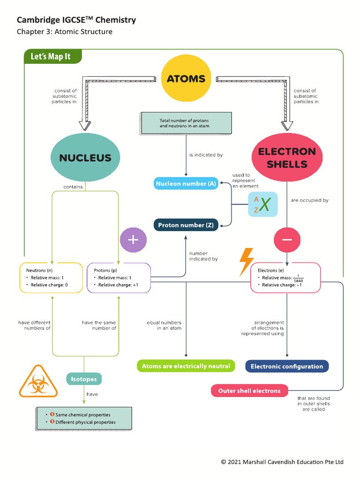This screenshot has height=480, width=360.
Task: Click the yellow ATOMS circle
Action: click(186, 79)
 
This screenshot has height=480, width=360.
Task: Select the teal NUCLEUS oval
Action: click(85, 157)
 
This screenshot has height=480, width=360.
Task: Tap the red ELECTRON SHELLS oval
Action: click(287, 157)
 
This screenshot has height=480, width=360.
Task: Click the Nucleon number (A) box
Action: click(186, 184)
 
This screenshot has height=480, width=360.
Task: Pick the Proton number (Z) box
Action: click(186, 225)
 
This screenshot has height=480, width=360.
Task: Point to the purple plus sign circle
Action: click(133, 240)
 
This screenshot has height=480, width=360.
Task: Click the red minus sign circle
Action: click(287, 240)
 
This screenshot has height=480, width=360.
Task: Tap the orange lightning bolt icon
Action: click(247, 262)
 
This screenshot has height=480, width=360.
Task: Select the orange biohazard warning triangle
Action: click(38, 382)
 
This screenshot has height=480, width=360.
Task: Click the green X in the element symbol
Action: click(265, 205)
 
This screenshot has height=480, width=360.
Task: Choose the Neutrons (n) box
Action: click(52, 278)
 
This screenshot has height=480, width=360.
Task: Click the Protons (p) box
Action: click(119, 278)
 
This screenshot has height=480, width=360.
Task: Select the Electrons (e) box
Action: click(285, 278)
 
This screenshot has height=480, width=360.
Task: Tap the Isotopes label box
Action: click(84, 379)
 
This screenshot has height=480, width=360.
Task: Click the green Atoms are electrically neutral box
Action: click(186, 366)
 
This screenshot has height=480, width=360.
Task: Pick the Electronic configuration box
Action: click(287, 366)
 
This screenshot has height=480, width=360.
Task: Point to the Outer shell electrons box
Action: click(249, 390)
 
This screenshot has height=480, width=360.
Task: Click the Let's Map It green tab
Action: click(52, 57)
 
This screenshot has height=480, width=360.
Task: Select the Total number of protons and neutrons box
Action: click(186, 123)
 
